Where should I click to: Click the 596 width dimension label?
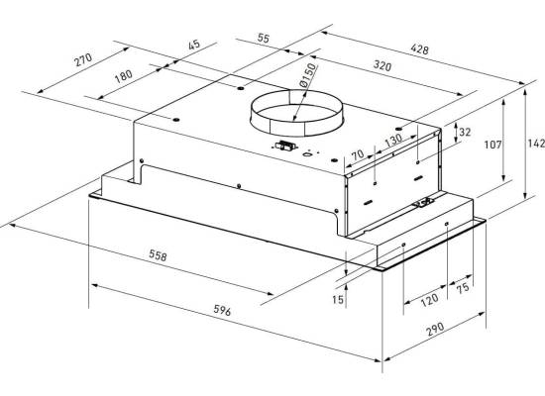click(222, 310)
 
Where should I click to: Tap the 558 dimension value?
click(158, 255)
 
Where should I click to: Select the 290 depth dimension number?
click(435, 329)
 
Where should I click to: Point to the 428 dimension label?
click(419, 49)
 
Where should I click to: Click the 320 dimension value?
click(382, 65)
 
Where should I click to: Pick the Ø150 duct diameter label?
click(308, 74)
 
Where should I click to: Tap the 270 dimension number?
click(83, 59)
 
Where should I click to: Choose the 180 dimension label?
click(124, 76)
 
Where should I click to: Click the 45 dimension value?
click(194, 45)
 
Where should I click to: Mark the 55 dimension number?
click(264, 38)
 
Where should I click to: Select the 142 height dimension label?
click(536, 144)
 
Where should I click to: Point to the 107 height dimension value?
click(492, 145)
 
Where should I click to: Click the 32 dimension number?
click(465, 132)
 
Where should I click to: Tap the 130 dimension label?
click(393, 140)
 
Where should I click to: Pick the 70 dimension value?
click(358, 154)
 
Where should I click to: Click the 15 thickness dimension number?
click(338, 299)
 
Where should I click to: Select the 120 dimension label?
click(429, 300)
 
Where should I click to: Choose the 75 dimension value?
click(463, 288)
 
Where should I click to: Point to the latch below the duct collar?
click(285, 147)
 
